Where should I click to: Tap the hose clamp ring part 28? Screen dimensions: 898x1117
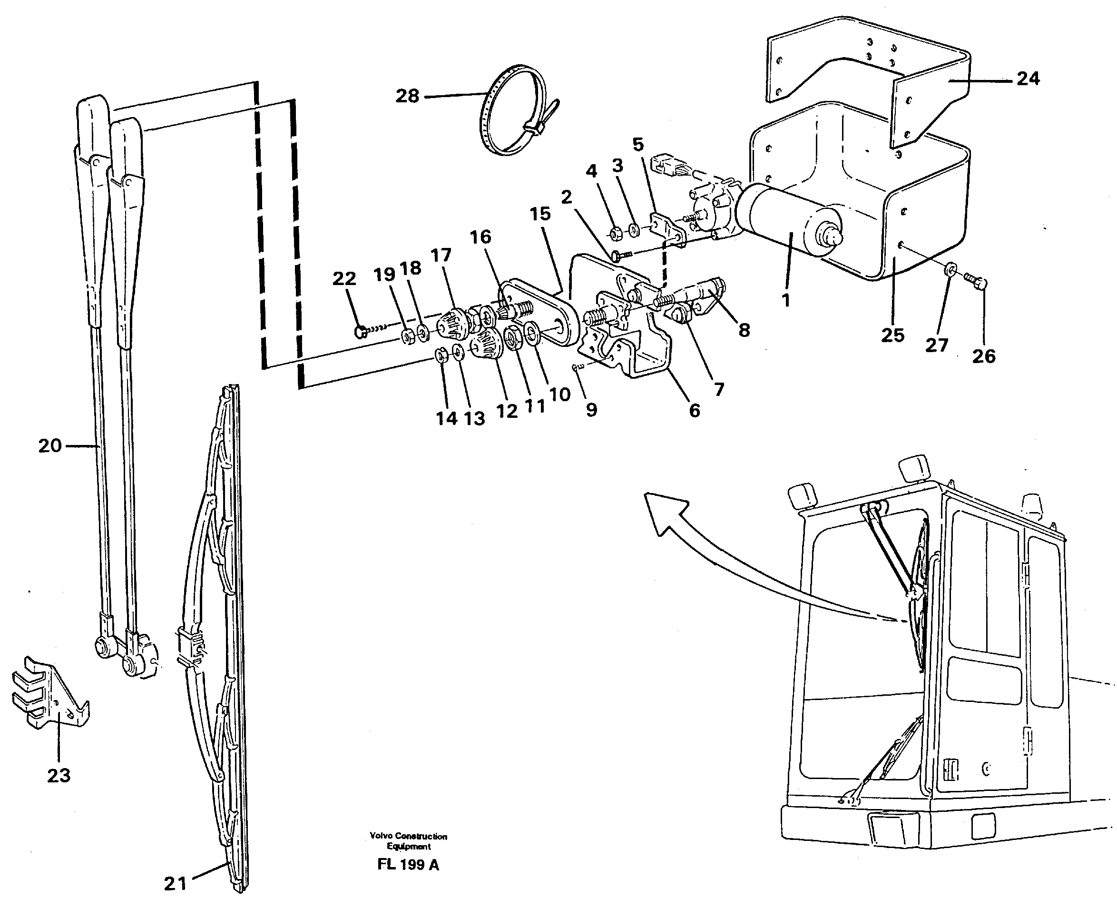[510, 111]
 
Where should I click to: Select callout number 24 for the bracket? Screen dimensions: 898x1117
[1028, 79]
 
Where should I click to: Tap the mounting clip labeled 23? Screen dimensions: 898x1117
[49, 694]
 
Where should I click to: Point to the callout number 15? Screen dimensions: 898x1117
[540, 214]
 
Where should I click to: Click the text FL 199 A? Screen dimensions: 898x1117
[408, 865]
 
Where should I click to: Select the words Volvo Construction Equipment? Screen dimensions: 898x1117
[408, 841]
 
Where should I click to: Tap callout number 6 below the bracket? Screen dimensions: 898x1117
[694, 410]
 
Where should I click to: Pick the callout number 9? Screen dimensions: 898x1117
[591, 410]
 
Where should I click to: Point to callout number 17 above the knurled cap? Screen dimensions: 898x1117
[441, 255]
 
